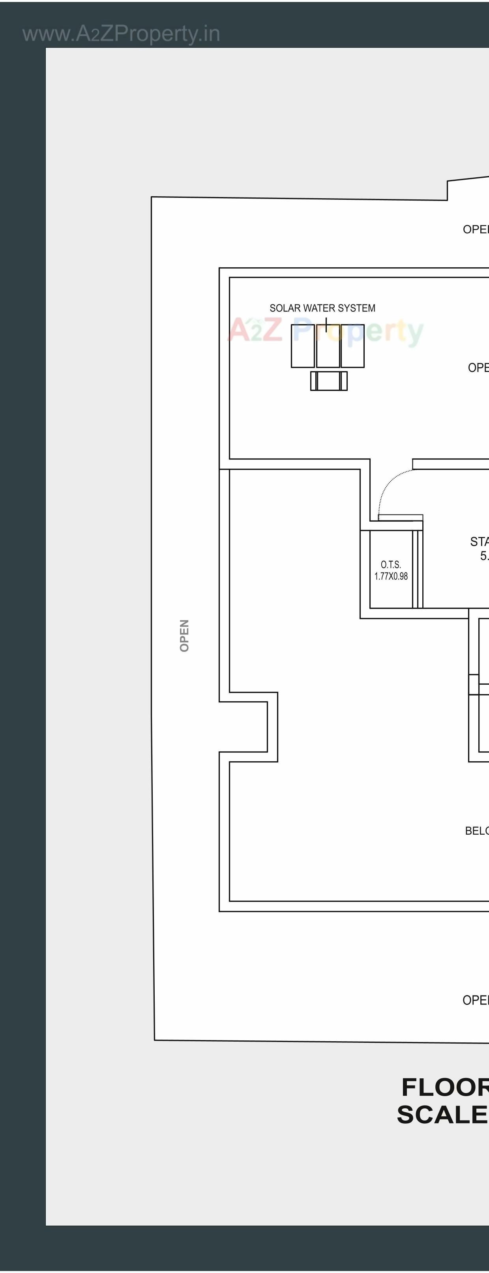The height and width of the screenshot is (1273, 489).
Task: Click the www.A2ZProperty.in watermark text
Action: pos(121,34)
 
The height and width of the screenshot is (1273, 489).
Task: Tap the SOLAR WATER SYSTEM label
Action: pos(322,308)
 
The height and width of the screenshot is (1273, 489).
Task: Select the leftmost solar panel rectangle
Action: pos(302,346)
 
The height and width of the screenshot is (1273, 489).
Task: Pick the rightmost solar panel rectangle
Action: pos(353,346)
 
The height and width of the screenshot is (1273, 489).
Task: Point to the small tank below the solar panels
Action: pos(328,381)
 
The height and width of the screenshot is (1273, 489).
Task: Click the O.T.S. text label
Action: pos(391,564)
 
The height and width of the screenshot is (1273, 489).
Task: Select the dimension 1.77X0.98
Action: pos(391,576)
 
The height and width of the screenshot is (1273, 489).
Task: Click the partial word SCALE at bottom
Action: pos(442,1115)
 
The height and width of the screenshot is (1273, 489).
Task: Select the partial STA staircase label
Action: pos(479,542)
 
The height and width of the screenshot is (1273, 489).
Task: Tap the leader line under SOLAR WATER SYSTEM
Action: pos(326,325)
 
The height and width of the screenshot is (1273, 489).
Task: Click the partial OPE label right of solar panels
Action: pos(478,368)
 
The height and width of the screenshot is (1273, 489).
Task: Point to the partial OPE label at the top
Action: pos(475,229)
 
